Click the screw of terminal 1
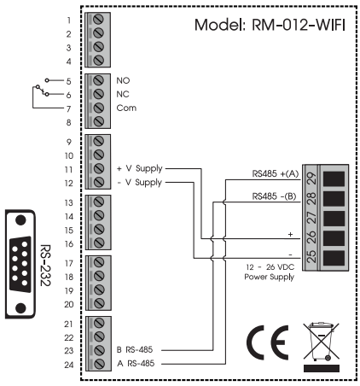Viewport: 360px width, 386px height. (x=98, y=20)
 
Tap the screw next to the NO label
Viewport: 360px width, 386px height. (x=98, y=80)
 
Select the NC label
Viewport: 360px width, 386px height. (x=123, y=94)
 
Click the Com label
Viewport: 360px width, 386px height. (x=126, y=108)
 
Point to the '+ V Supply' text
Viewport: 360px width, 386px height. (x=140, y=168)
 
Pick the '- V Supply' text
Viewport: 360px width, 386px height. (x=140, y=182)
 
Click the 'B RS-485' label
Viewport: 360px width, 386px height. (x=135, y=349)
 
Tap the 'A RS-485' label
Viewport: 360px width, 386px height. (x=136, y=364)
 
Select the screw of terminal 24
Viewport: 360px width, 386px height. (x=98, y=364)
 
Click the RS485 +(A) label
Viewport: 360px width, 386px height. (x=276, y=173)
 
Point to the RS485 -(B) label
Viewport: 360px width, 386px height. (x=274, y=196)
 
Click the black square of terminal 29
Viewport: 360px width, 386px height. (x=334, y=178)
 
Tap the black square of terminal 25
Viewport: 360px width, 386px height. (x=334, y=258)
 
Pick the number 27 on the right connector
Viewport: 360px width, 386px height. (x=311, y=218)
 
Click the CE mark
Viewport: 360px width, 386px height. (x=267, y=342)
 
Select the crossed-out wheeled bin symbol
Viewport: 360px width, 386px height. (x=322, y=347)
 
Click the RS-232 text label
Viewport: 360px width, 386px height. (x=45, y=265)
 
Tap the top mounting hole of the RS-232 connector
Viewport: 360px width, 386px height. (x=20, y=220)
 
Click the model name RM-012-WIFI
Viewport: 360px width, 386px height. (x=299, y=25)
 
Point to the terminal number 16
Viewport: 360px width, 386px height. (x=69, y=244)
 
